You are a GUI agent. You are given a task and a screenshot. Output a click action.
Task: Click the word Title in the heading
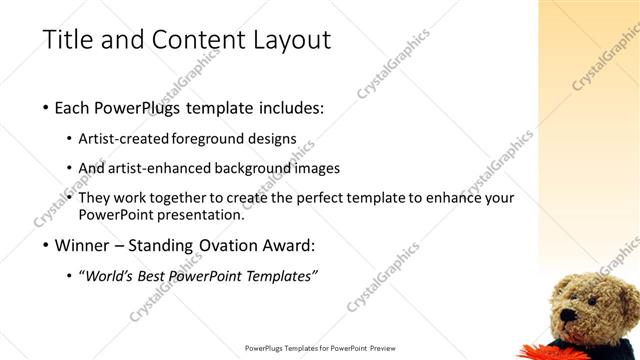68,41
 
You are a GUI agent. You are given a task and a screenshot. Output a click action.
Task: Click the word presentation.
200,214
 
